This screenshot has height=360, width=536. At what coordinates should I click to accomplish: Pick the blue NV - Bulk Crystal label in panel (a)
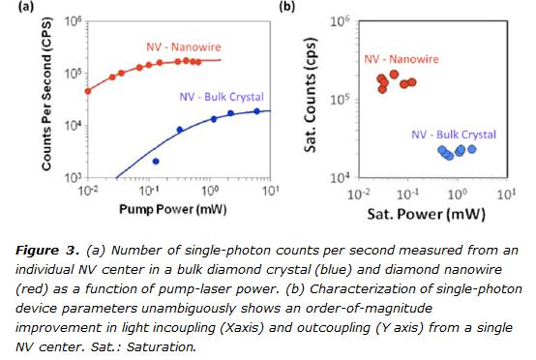[x=222, y=97]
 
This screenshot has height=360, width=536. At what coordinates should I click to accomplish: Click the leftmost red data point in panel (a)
[x=88, y=92]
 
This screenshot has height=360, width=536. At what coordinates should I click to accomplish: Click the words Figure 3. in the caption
[x=45, y=252]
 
